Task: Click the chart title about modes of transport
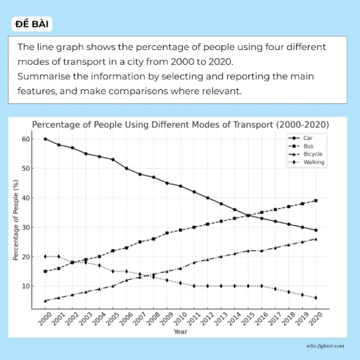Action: click(180, 124)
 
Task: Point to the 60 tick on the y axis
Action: click(27, 139)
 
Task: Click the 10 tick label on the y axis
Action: click(27, 286)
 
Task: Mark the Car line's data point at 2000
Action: click(46, 139)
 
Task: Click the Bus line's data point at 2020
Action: click(316, 200)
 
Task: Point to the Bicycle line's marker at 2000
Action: click(46, 301)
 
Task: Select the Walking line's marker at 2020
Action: click(316, 298)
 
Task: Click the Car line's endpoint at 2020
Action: click(316, 230)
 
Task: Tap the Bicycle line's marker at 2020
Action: click(316, 239)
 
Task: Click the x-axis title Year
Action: click(181, 331)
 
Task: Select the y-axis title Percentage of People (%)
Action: click(15, 220)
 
